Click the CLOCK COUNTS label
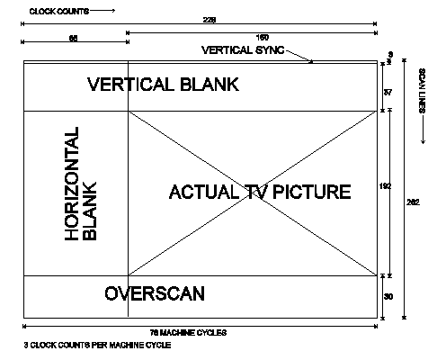[x=59, y=12]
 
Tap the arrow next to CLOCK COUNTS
[x=103, y=11]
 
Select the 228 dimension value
[x=210, y=20]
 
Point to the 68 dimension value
[x=74, y=39]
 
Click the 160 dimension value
[x=263, y=38]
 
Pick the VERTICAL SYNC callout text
[x=243, y=49]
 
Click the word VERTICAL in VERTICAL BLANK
[x=130, y=85]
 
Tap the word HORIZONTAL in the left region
[x=72, y=184]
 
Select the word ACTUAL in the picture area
[x=204, y=192]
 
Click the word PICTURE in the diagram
[x=312, y=192]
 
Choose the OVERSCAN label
[x=155, y=293]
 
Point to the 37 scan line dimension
[x=388, y=93]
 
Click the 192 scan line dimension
[x=385, y=186]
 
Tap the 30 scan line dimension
[x=388, y=297]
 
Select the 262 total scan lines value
[x=413, y=202]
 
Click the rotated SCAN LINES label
[x=422, y=91]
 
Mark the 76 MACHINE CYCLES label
[x=188, y=333]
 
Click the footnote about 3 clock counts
[x=97, y=345]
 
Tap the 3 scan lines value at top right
[x=390, y=55]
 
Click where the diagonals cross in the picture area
[x=253, y=193]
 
